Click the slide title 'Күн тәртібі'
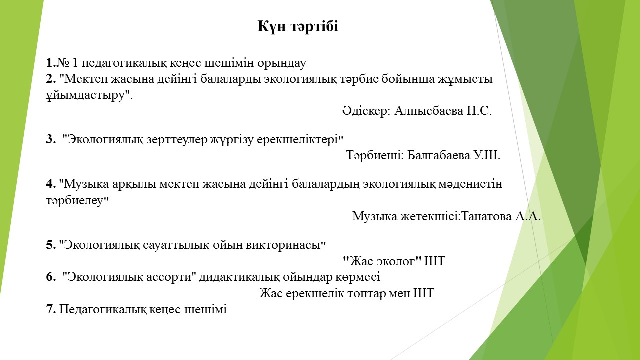tap(298, 26)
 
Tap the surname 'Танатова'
tap(486, 216)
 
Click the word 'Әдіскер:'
tap(366, 111)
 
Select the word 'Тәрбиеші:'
tap(375, 155)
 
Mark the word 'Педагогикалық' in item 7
tap(103, 309)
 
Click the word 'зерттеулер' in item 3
tap(177, 139)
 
